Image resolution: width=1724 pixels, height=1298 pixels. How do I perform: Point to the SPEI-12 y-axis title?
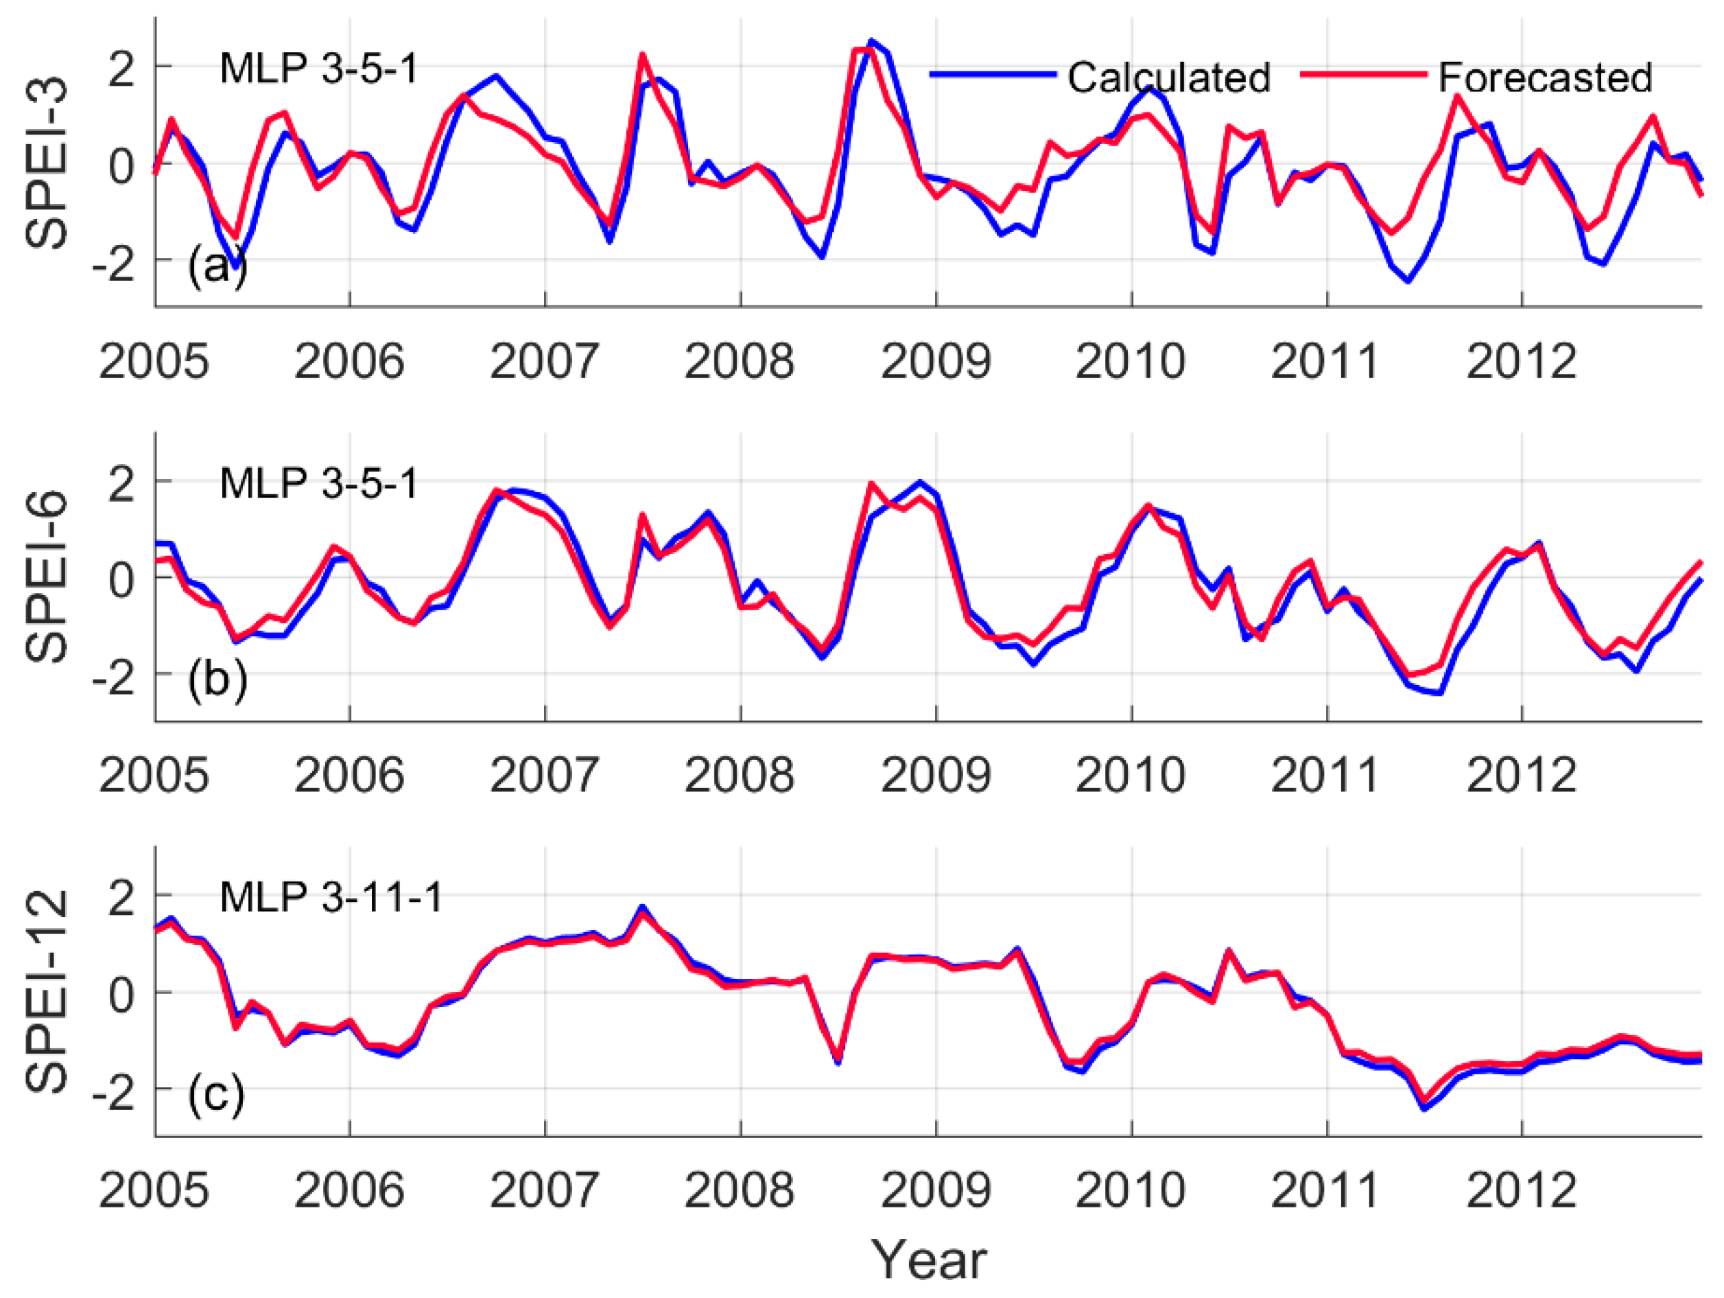point(47,992)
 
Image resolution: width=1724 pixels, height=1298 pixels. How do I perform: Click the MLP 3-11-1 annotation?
point(331,897)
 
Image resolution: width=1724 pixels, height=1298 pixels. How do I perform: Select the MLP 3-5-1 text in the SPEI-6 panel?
point(319,483)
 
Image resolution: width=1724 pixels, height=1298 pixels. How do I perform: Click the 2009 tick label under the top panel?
point(935,362)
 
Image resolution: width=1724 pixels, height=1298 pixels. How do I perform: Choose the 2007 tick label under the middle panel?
point(544,776)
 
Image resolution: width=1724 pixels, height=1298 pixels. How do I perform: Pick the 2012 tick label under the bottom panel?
point(1522,1190)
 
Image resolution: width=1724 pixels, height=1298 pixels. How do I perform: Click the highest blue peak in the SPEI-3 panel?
point(871,40)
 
